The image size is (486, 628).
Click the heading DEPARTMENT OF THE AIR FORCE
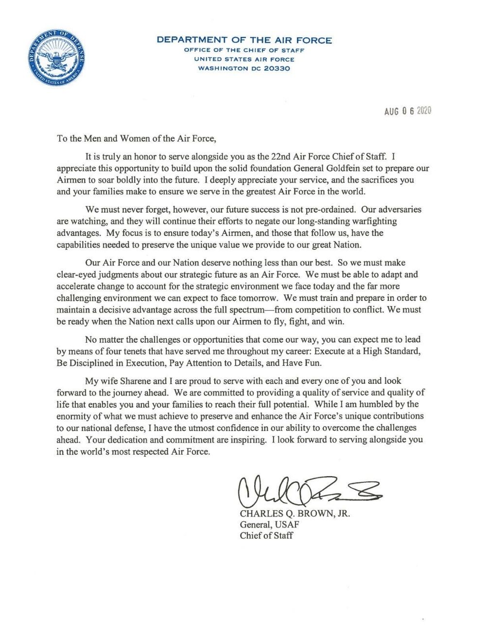pos(244,40)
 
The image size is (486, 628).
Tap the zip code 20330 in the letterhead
pos(277,68)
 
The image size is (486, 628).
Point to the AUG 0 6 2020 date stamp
pos(408,111)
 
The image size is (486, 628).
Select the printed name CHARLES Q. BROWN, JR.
pos(295,513)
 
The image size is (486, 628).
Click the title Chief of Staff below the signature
pos(266,536)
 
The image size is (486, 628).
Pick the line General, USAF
pos(269,525)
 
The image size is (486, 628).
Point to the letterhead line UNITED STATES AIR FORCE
pos(244,59)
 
